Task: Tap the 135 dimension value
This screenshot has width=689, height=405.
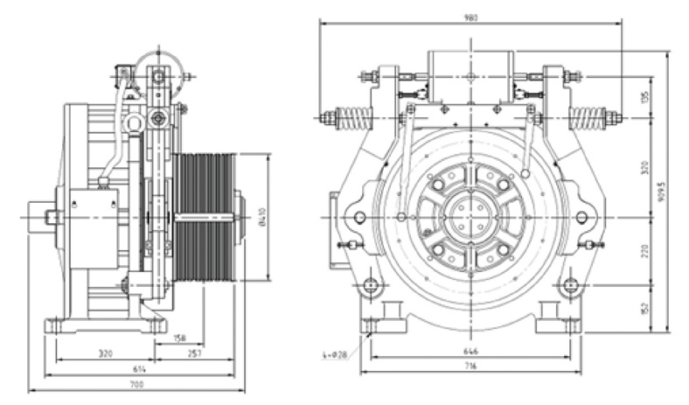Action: pyautogui.click(x=645, y=94)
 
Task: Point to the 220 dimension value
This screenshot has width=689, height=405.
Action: pyautogui.click(x=645, y=250)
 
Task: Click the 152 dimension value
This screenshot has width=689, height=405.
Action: pyautogui.click(x=645, y=307)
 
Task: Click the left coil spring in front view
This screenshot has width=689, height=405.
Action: pyautogui.click(x=354, y=117)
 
